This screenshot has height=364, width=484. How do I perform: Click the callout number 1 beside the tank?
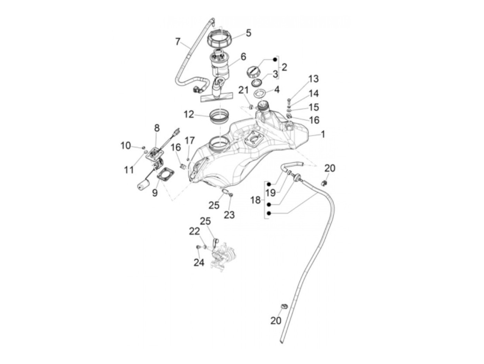(323, 134)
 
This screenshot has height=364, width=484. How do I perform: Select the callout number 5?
(248, 33)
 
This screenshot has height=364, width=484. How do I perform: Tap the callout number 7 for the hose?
(178, 42)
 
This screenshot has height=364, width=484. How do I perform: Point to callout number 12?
(189, 114)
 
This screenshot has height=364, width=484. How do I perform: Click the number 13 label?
(313, 79)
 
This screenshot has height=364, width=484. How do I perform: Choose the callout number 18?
(255, 200)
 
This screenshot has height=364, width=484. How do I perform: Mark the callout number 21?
(243, 90)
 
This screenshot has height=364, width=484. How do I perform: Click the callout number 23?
(229, 215)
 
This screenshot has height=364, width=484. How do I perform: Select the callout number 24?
(199, 263)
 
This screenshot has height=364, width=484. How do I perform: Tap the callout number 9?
(155, 193)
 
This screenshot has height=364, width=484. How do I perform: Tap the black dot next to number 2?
(275, 60)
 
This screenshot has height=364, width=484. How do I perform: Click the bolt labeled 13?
(289, 101)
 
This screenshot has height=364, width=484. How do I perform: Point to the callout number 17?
(190, 140)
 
